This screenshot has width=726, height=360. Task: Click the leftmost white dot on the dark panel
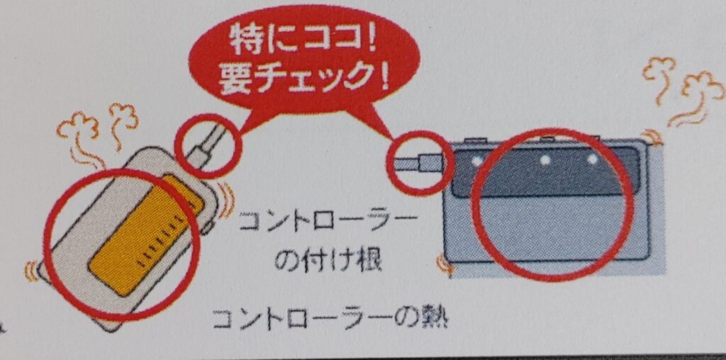476,160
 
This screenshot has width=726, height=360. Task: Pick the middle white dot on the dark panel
545,160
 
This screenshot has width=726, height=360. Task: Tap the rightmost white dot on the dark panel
592,159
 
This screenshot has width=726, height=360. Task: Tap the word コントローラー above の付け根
325,223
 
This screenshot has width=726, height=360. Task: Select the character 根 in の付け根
368,262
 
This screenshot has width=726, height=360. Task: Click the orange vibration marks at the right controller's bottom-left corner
445,266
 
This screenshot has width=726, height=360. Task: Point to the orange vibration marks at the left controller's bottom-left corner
33,271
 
